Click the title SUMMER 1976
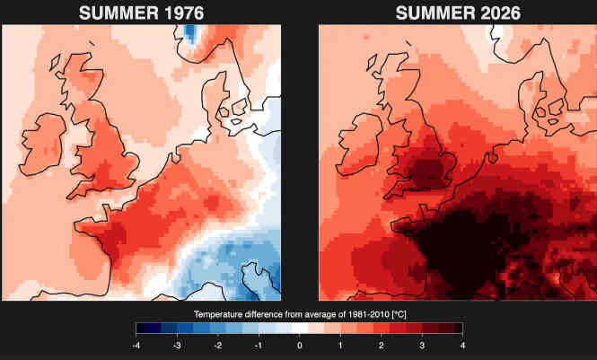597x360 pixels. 141,13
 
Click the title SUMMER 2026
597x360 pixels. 458,13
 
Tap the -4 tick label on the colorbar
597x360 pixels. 136,346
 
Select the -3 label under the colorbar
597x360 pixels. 177,346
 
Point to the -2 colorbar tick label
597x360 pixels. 217,346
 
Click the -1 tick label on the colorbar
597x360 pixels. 259,346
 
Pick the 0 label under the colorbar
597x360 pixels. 300,346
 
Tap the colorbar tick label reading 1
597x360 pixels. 340,346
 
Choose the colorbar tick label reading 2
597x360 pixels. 382,346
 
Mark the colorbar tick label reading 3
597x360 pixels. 422,346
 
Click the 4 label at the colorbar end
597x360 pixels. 462,346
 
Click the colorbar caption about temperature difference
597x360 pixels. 300,315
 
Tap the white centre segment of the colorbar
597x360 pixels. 300,328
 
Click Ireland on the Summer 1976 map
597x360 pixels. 43,145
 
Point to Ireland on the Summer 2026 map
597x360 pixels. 360,145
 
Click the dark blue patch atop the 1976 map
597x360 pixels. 189,32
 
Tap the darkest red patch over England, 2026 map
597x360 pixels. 425,172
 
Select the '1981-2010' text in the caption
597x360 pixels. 368,315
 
